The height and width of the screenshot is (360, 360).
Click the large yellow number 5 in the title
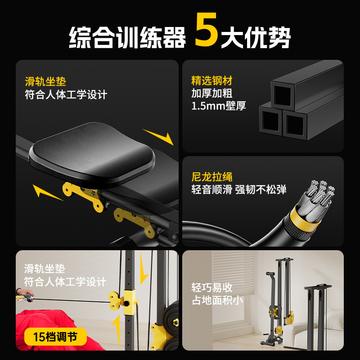click(x=207, y=31)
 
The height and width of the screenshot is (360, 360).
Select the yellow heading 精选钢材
click(x=212, y=81)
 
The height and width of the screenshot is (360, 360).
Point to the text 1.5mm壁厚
click(x=219, y=107)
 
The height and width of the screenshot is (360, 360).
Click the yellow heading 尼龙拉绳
click(x=212, y=177)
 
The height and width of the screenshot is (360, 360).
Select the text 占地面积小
click(x=217, y=300)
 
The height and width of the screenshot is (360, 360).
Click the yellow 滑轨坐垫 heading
click(x=45, y=81)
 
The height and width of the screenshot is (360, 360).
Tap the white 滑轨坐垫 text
click(x=45, y=269)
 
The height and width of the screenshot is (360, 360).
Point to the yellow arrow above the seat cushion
click(x=158, y=136)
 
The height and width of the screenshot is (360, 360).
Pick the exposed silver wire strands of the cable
click(x=320, y=193)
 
